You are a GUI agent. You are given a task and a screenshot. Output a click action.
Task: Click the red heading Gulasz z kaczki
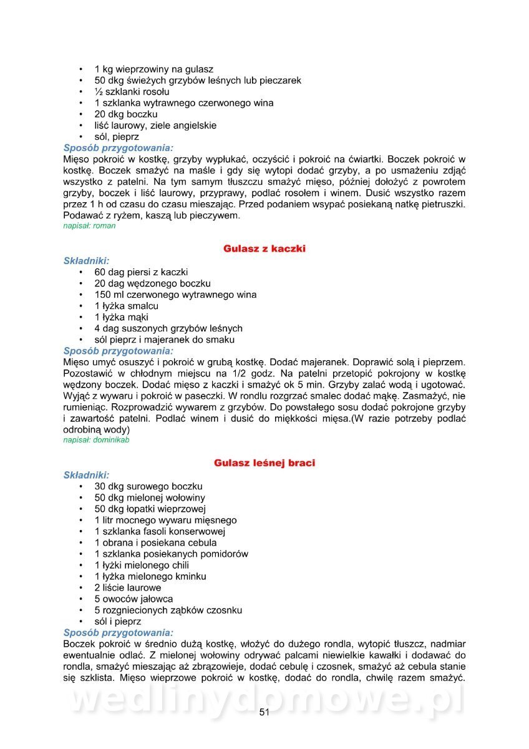264,248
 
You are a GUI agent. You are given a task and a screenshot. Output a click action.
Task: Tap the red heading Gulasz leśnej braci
264,463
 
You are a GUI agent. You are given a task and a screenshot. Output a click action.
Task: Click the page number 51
264,713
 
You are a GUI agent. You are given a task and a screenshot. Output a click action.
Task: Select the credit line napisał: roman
89,226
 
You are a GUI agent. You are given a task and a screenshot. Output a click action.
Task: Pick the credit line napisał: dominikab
96,440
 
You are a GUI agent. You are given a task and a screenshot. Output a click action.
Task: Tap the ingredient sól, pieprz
117,137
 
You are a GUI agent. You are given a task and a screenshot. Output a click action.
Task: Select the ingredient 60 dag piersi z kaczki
141,272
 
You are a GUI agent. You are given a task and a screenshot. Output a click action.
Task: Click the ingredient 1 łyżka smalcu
126,306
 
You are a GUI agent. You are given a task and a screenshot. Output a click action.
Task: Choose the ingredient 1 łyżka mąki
121,317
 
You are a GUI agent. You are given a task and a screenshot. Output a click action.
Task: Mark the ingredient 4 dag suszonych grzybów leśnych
168,328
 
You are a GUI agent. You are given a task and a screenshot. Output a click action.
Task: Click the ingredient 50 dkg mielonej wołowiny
150,497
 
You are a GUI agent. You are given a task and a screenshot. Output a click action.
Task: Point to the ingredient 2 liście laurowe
128,587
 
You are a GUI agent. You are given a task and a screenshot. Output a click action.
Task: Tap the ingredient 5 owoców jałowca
133,599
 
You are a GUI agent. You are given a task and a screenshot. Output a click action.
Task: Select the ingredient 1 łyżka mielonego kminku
150,576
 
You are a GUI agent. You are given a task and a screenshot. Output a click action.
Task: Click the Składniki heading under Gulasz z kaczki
86,260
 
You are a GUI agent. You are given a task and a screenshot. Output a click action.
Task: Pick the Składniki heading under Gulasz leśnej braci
86,475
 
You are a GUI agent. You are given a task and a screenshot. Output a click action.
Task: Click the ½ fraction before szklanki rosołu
97,92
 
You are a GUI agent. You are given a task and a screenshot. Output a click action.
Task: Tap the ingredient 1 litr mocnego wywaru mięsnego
165,520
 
